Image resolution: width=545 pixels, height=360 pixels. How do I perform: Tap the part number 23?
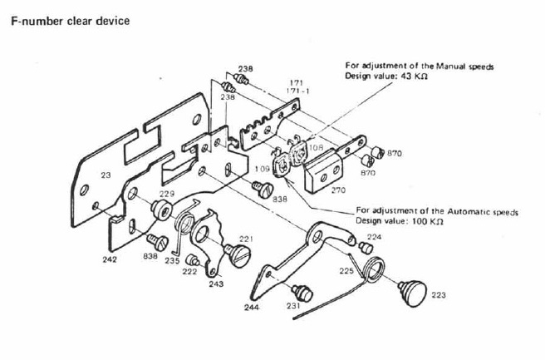105,175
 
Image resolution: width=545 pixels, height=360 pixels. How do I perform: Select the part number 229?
168,194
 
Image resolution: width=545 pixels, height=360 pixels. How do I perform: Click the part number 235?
172,260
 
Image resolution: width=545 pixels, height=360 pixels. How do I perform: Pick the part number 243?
216,284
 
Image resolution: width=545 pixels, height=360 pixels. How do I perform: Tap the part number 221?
246,239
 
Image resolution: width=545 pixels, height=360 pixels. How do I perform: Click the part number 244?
253,308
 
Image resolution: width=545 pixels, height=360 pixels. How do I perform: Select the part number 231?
292,306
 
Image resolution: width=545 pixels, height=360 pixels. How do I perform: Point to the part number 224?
375,237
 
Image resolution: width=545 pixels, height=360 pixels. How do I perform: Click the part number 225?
346,270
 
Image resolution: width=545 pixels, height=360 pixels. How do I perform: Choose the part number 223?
439,293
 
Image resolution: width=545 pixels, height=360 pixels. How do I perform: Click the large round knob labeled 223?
413,292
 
